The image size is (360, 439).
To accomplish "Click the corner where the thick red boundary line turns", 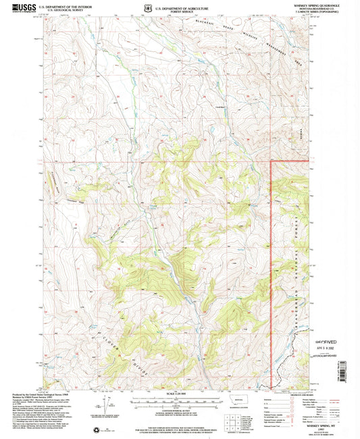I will (272, 160).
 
